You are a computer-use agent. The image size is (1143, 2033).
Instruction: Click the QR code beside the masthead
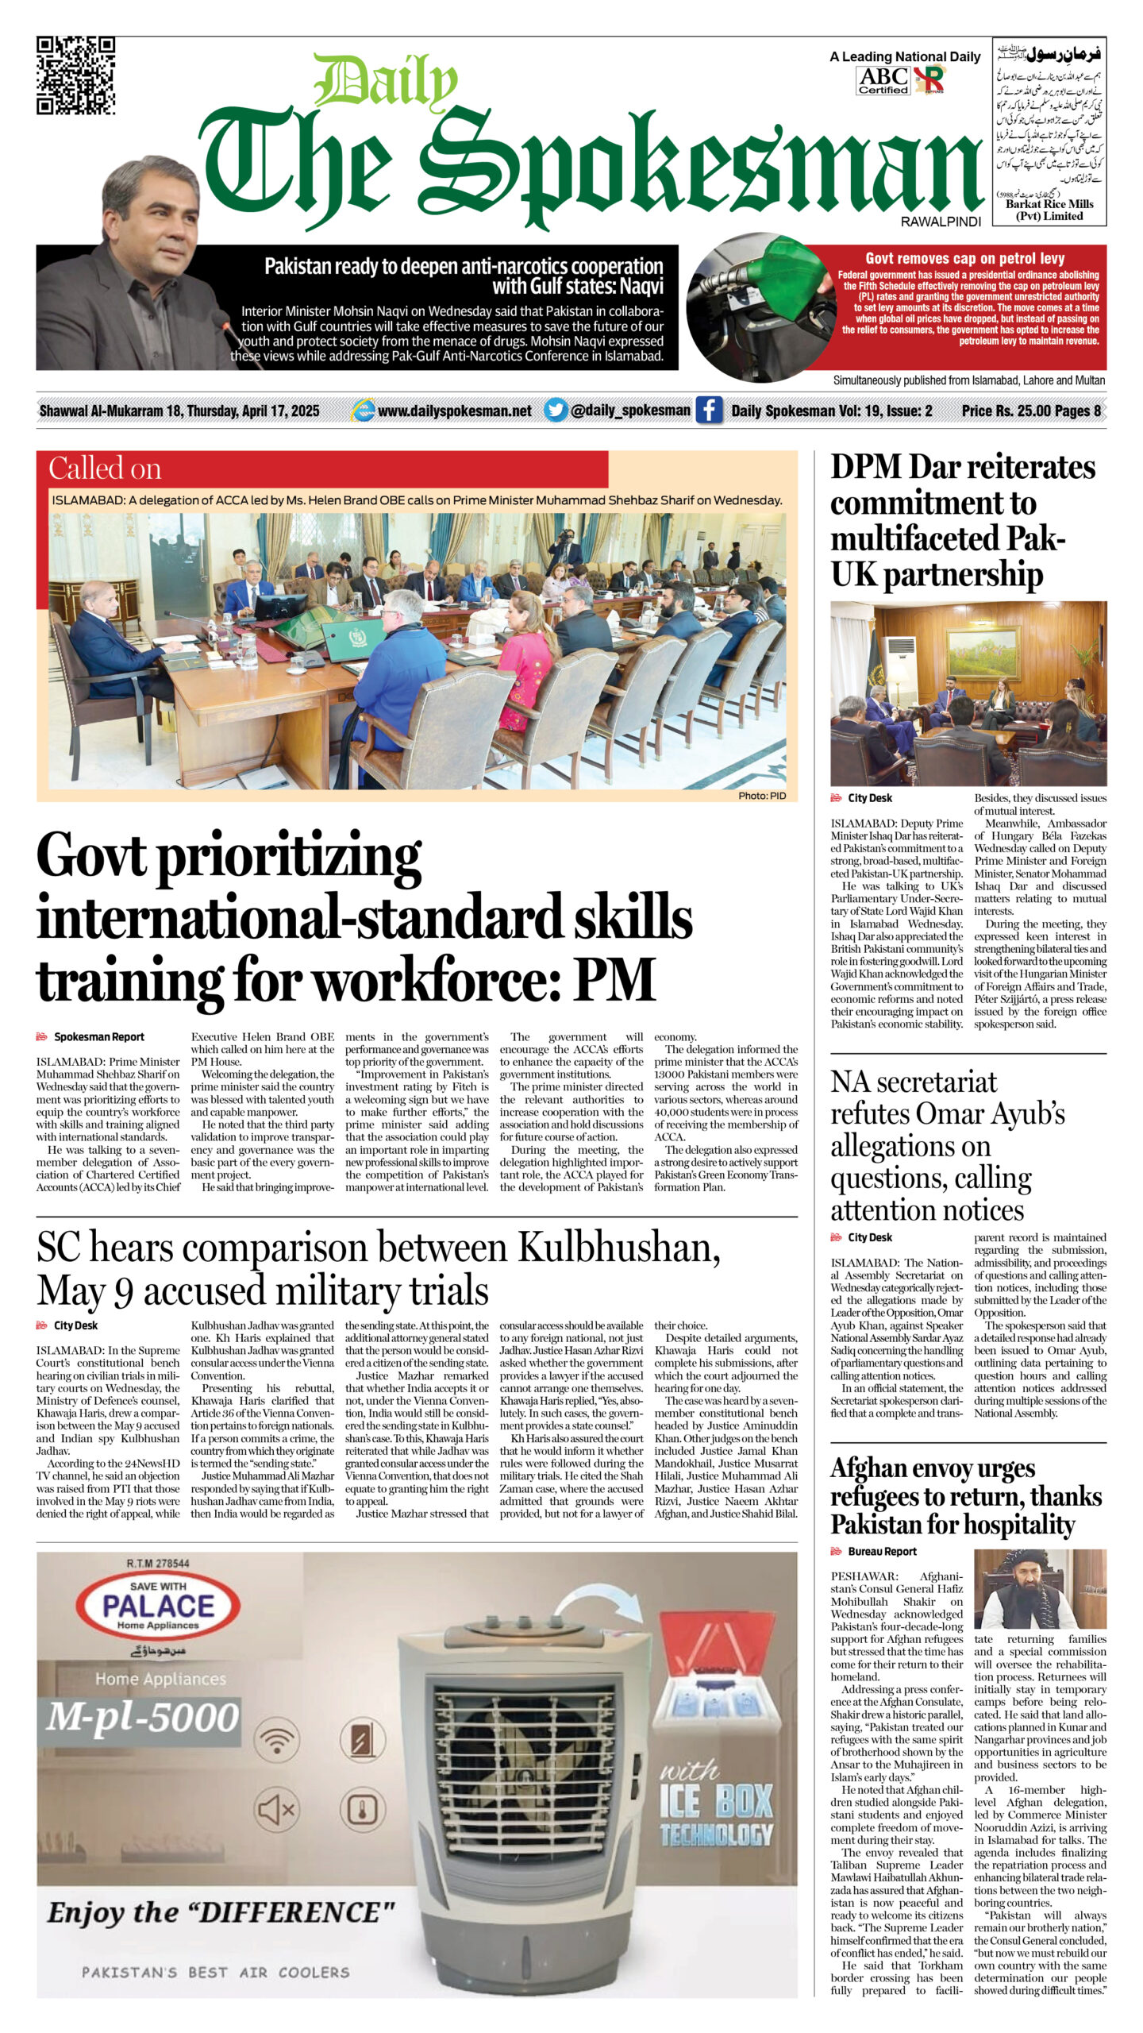75,75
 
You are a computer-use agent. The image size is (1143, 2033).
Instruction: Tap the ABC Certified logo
883,80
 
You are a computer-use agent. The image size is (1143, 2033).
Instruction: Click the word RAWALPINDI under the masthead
941,222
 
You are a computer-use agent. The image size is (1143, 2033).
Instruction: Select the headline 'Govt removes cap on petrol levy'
964,258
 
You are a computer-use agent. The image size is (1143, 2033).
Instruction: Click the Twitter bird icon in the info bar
556,410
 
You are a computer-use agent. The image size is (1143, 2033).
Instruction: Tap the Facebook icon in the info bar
709,410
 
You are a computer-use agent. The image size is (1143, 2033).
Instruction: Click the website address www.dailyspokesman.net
454,411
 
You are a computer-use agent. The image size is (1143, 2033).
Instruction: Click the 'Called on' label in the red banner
105,469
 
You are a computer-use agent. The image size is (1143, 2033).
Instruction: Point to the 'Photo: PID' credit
762,796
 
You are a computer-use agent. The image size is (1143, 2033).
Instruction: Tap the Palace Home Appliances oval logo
159,1607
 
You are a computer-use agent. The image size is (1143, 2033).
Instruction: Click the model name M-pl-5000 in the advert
142,1718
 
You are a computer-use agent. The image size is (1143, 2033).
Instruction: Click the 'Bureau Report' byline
882,1551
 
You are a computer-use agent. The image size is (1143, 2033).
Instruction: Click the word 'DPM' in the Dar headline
866,468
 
